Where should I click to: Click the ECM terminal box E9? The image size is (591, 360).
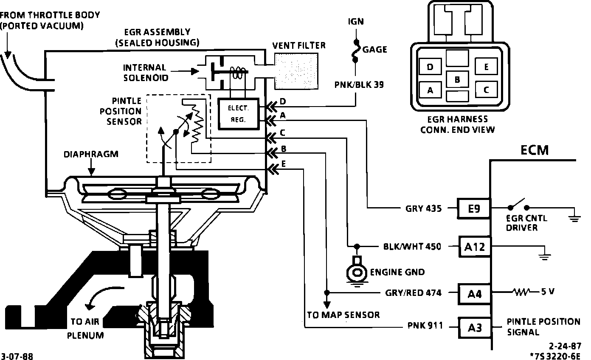pos(473,208)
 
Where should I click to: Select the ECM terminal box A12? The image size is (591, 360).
pos(474,247)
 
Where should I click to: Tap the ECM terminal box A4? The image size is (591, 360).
pos(474,294)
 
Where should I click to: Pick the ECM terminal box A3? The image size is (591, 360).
pos(475,328)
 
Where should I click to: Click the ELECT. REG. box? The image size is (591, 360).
pos(239,114)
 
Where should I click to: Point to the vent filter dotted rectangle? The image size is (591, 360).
pos(296,71)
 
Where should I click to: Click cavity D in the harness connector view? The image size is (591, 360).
pos(431,67)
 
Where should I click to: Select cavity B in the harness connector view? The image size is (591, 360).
pos(457,79)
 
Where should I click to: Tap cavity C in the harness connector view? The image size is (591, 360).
pos(486,90)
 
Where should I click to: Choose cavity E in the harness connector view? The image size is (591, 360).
pos(486,67)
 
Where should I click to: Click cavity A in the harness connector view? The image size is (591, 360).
pos(431,90)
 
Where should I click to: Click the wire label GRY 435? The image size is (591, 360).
pos(423,208)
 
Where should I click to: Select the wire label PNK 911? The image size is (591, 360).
pos(425,326)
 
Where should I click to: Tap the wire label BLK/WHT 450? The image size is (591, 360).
pos(412,247)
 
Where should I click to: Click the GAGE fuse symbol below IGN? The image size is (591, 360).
pos(356,51)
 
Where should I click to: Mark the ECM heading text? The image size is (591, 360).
pos(535,150)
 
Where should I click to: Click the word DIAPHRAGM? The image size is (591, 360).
pos(91,154)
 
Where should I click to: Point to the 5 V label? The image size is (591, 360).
pos(548,291)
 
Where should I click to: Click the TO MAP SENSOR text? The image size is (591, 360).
pos(343,315)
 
